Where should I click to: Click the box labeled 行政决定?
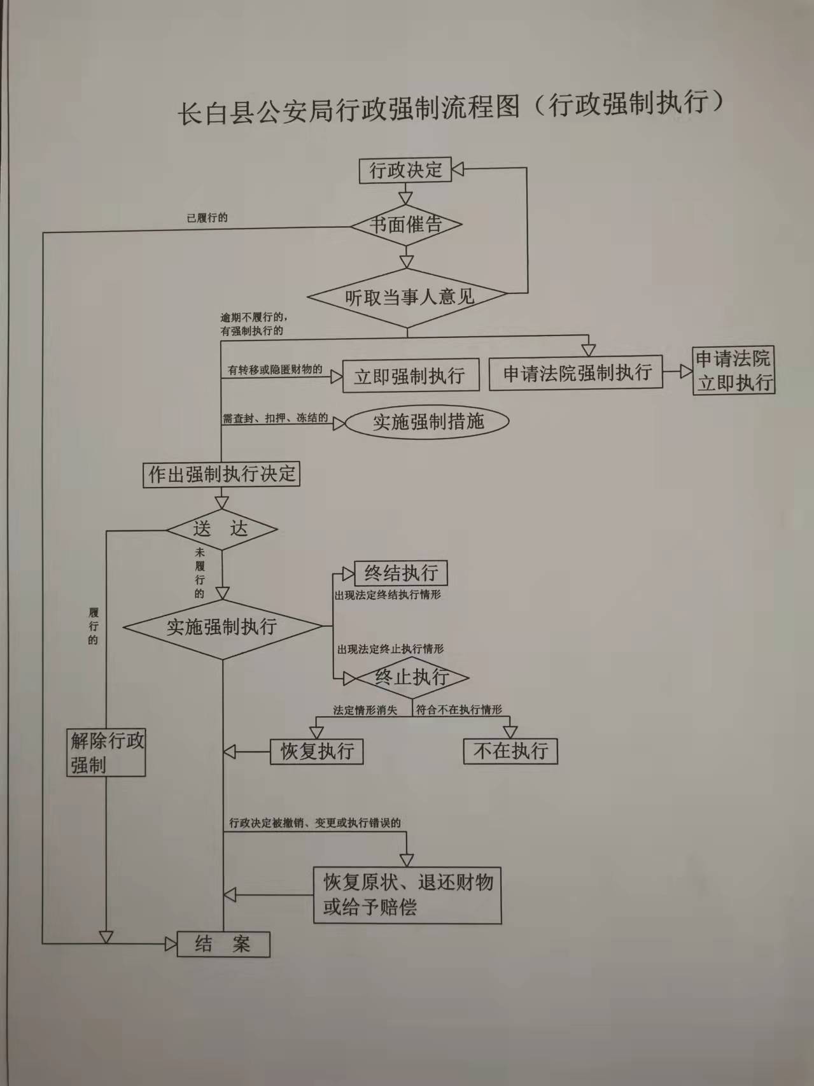coord(405,170)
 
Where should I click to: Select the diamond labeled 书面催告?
coord(406,224)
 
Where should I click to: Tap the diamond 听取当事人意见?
coord(407,297)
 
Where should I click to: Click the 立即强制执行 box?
coord(409,376)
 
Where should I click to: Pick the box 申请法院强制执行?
coord(575,373)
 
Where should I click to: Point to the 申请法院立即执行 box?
coord(734,370)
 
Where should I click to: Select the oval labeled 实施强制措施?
coord(428,421)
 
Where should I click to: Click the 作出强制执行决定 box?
coord(221,474)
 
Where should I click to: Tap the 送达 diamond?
coord(221,529)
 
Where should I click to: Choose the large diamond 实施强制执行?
coord(222,627)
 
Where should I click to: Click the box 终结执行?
coord(400,573)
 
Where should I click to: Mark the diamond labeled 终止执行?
coord(412,677)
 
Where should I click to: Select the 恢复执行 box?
coord(317,751)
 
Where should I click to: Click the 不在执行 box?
coord(510,751)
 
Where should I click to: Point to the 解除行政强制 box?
coord(107,752)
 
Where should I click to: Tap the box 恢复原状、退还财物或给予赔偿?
coord(407,895)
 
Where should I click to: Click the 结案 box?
coord(223,944)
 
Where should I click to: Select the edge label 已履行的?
coord(207,218)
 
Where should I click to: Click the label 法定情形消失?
coord(365,710)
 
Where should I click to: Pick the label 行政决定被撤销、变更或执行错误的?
coord(315,822)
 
